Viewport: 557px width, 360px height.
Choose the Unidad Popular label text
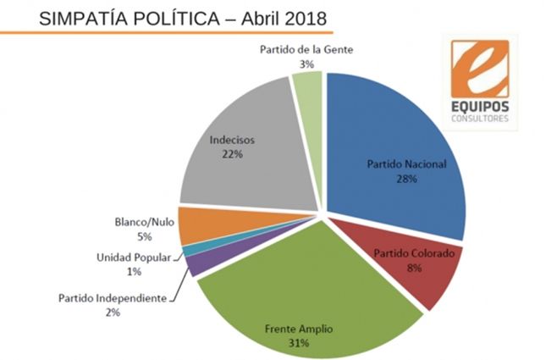135,258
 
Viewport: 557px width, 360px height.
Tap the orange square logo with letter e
479,69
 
